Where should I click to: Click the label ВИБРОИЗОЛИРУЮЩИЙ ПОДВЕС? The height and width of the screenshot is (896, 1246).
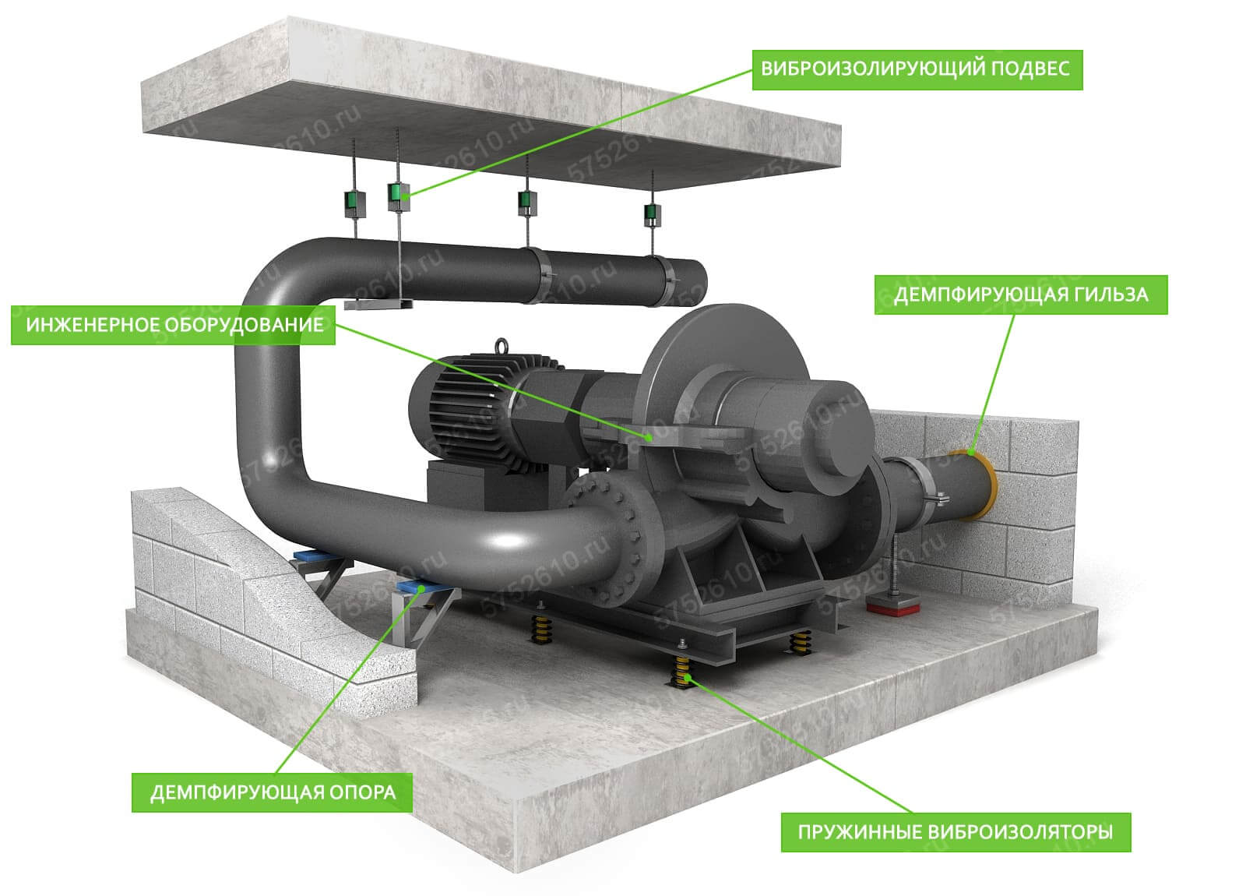(917, 69)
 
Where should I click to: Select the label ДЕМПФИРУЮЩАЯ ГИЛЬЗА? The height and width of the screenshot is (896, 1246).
(1021, 295)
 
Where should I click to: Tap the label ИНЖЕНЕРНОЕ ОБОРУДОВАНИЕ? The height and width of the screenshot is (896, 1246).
(173, 325)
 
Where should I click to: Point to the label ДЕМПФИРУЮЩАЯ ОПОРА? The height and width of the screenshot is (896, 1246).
(272, 792)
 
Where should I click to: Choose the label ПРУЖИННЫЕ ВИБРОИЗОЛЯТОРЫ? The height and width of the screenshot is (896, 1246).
(956, 832)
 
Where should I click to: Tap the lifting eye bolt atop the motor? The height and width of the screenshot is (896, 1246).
(501, 346)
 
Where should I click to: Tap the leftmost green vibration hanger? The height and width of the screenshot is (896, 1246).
(354, 203)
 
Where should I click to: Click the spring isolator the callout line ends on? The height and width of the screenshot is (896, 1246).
(681, 673)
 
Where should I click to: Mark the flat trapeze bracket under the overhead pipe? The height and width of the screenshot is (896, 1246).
(378, 304)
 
